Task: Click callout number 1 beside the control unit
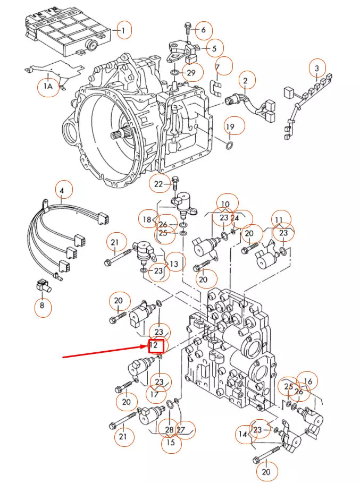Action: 123,30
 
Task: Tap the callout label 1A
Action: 48,86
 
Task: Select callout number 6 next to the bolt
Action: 203,30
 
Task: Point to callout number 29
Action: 191,72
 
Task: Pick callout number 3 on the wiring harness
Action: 317,68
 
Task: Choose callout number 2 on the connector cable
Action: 245,81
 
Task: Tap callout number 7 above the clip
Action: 217,67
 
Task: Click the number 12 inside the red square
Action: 153,345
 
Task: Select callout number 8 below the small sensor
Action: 42,306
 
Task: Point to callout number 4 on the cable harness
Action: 62,191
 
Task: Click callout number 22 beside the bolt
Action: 158,184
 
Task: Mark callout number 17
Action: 154,394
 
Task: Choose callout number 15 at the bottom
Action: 170,442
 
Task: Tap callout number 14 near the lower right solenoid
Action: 243,434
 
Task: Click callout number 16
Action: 308,382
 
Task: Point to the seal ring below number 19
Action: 229,145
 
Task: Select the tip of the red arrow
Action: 149,346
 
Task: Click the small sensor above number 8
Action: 44,286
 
